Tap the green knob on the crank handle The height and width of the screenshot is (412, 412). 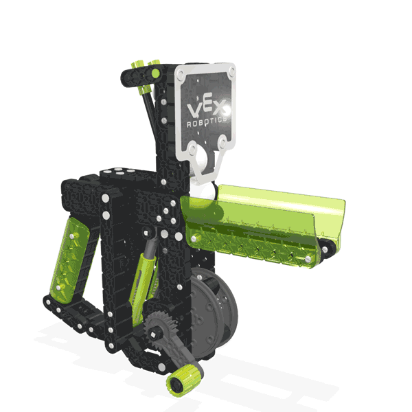tap(186, 378)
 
